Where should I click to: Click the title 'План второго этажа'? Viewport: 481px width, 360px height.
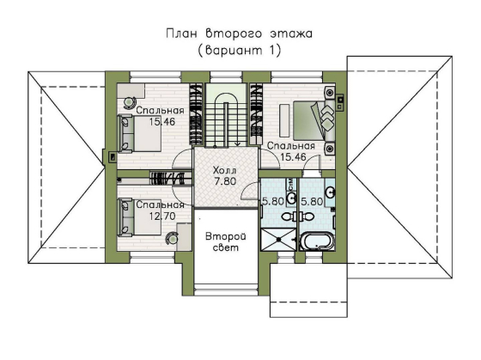(x=240, y=34)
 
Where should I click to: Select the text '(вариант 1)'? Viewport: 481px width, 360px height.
(x=240, y=51)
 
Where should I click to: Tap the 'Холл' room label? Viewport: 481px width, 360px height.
(x=225, y=171)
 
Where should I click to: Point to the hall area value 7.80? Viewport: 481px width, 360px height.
(x=225, y=182)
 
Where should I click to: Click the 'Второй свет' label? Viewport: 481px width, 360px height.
(x=225, y=240)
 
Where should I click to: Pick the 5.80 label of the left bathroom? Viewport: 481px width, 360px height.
(x=272, y=201)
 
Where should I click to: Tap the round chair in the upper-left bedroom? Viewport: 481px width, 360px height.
(x=129, y=102)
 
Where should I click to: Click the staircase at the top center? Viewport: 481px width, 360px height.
(x=226, y=112)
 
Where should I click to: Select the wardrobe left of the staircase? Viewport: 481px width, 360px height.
(x=196, y=113)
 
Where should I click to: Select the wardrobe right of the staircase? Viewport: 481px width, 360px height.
(x=256, y=113)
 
